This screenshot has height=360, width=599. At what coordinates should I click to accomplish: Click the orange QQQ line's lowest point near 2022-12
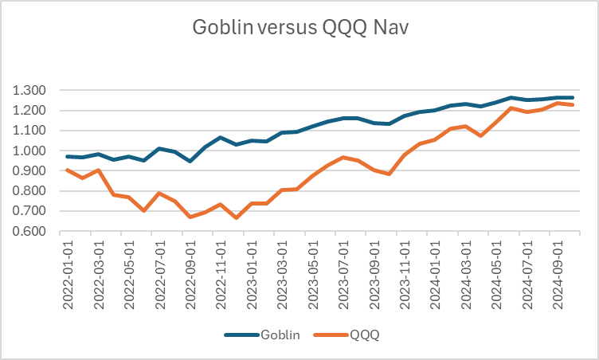pos(237,217)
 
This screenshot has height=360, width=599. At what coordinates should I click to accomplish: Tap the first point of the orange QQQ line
pos(69,170)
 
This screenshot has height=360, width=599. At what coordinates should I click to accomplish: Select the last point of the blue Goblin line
pos(572,98)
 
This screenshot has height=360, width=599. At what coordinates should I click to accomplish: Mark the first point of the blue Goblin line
pos(69,156)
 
